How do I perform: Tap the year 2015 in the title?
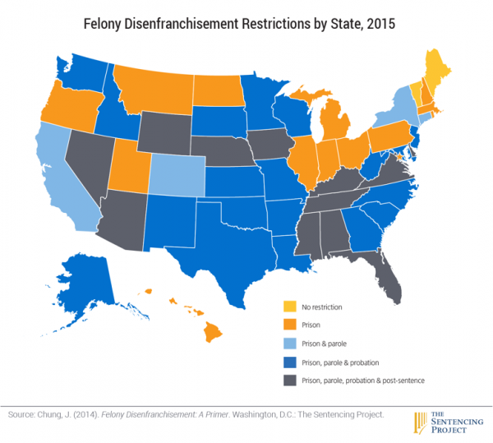378,24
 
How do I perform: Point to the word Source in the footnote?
18,415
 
